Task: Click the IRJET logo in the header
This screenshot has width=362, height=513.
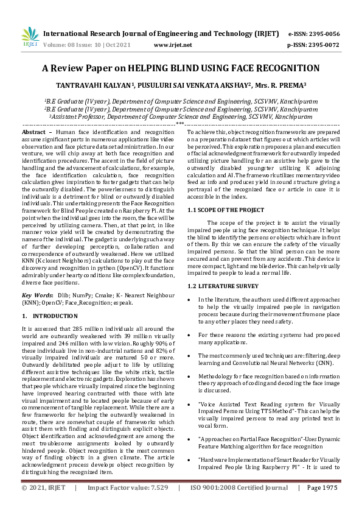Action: tap(28, 38)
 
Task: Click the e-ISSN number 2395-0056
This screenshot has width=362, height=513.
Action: tap(322, 34)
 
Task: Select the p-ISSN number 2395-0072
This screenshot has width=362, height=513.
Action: tap(322, 45)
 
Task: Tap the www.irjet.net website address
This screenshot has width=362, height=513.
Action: tap(173, 45)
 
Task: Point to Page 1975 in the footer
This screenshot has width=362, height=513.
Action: tap(322, 504)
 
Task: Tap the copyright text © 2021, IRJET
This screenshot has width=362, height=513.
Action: tap(42, 504)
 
